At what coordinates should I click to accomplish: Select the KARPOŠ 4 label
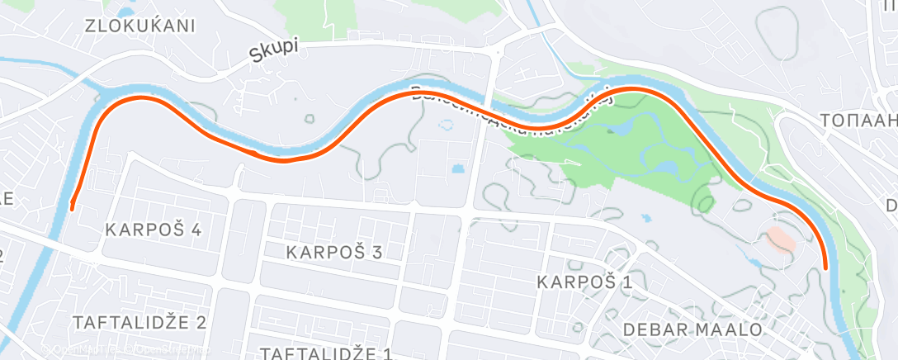click(154, 230)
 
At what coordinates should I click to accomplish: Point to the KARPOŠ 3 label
click(333, 252)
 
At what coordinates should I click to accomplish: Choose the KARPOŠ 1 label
click(584, 282)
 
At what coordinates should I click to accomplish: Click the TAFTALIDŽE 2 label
click(139, 321)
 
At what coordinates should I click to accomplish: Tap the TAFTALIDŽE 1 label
click(325, 353)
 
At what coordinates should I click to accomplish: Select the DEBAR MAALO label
click(693, 329)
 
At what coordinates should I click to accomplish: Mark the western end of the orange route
click(73, 206)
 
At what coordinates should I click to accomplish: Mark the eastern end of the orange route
click(826, 267)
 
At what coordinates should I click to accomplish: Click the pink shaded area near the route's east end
click(781, 239)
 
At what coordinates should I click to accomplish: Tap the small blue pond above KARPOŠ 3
click(458, 169)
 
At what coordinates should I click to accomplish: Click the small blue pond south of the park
click(646, 220)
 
